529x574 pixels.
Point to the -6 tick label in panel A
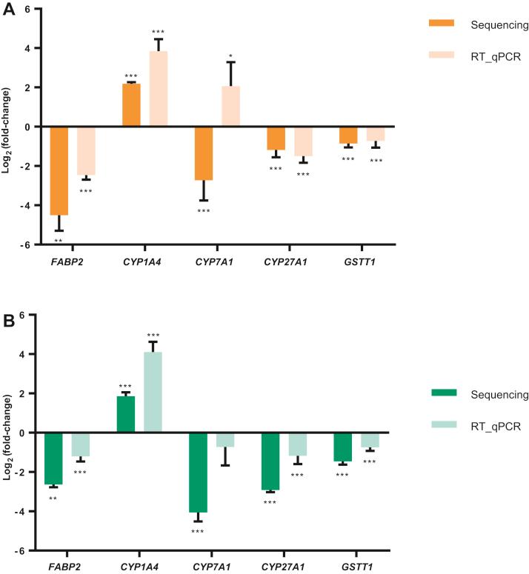pos(24,244)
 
